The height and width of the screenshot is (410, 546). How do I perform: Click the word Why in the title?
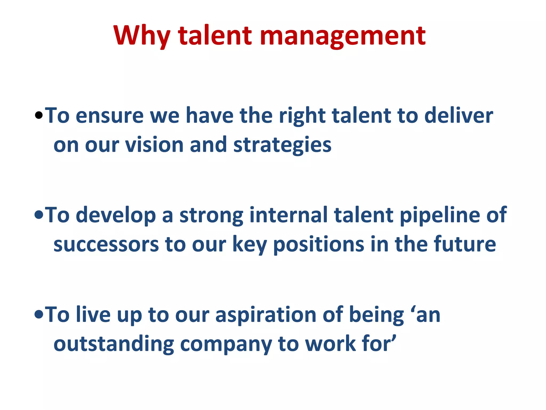click(142, 36)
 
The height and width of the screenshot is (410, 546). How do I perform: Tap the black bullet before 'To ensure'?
click(39, 116)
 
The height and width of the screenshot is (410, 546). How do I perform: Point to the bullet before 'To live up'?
click(39, 315)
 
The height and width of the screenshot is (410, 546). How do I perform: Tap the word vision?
click(154, 145)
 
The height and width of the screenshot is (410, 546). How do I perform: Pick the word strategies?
click(282, 145)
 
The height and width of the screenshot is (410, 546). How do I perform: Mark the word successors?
click(106, 245)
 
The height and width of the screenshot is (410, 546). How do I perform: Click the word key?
click(250, 245)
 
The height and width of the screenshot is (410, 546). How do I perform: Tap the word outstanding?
click(114, 344)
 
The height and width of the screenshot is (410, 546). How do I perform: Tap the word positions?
click(319, 245)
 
